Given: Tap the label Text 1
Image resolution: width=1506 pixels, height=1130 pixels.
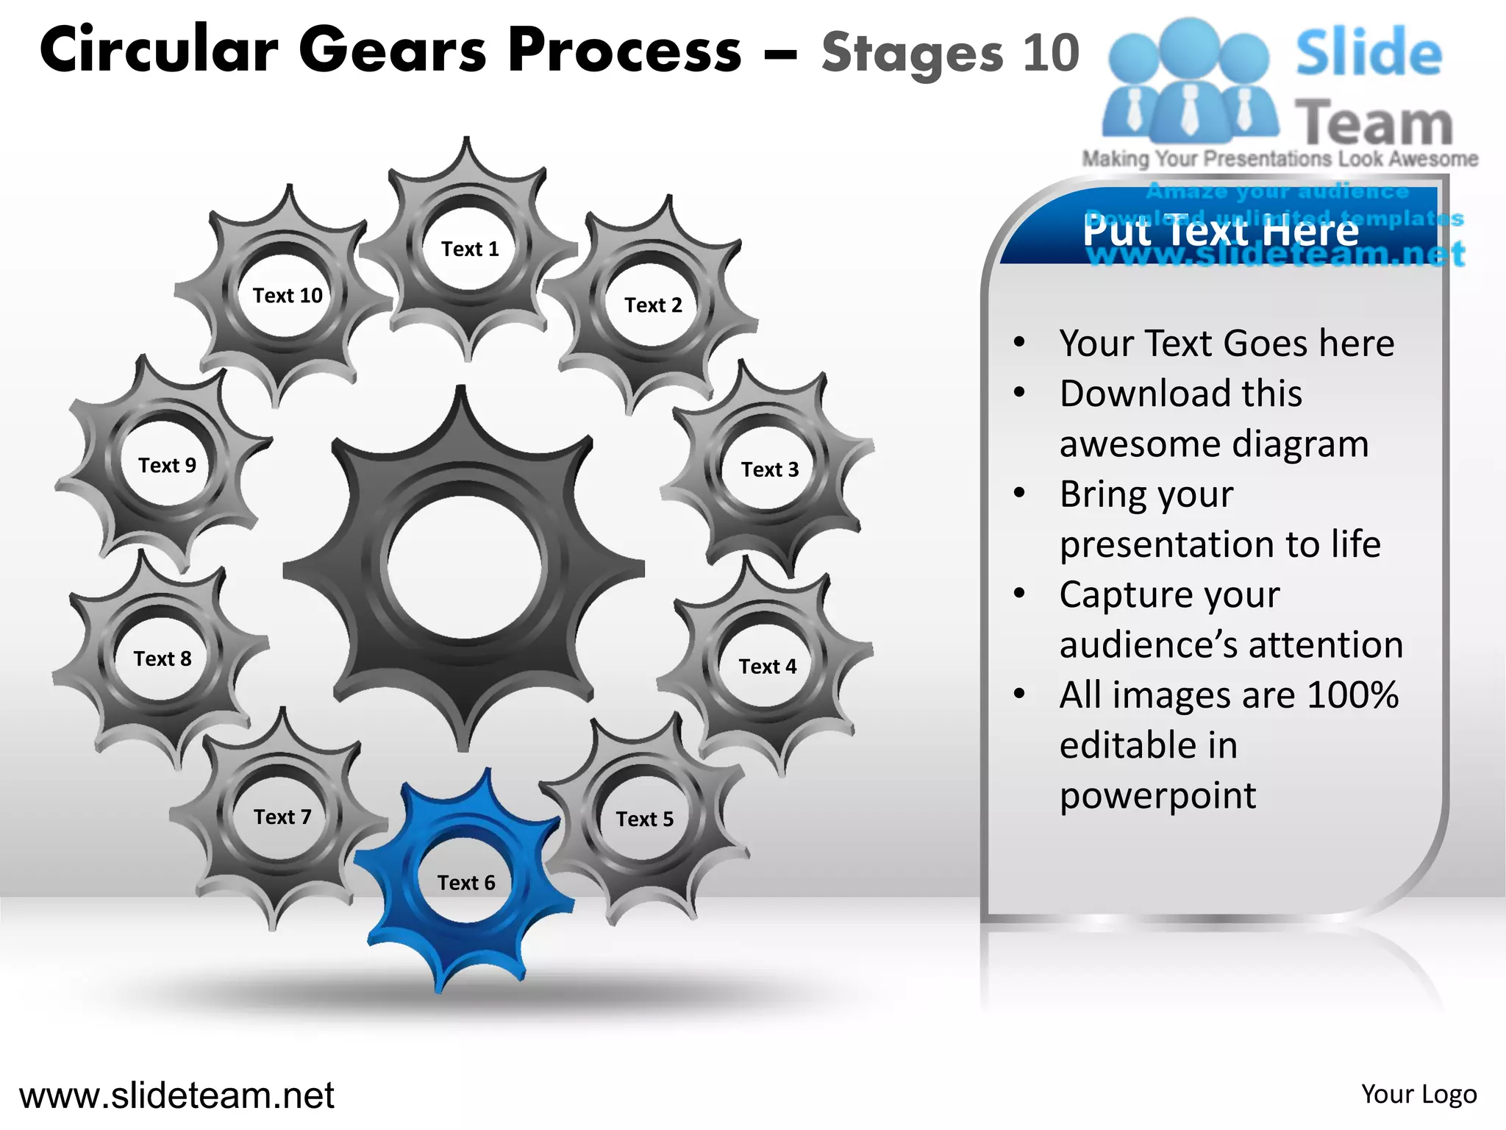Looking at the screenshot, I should click(470, 249).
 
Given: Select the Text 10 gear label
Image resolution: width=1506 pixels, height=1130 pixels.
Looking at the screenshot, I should click(288, 296).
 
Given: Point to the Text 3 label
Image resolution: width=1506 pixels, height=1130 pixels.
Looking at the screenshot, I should click(769, 470).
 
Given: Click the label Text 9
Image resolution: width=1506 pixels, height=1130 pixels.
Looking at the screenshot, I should click(167, 466).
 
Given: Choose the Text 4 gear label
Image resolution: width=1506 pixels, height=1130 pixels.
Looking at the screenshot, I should click(767, 667).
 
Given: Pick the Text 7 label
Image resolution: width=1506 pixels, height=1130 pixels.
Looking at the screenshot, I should click(282, 817).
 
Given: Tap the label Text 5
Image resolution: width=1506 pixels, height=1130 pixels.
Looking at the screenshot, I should click(644, 820).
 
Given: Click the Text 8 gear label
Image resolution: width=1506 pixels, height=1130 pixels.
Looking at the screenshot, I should click(163, 659).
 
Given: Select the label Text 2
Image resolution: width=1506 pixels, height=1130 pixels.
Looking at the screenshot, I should click(653, 305).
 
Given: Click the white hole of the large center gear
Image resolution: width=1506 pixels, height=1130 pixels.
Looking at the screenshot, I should click(464, 567).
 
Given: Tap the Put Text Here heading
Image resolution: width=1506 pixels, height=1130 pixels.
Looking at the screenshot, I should click(1220, 231).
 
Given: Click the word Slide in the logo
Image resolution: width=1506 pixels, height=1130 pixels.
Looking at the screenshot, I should click(1368, 53).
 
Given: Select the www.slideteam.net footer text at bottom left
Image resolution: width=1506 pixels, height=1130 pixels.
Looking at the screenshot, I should click(176, 1095).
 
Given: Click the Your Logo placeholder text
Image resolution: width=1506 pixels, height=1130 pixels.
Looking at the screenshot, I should click(1418, 1095).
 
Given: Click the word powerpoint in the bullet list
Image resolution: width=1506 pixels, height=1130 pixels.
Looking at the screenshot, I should click(1157, 795).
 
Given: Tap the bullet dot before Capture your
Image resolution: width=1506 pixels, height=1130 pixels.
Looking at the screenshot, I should click(1019, 593).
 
